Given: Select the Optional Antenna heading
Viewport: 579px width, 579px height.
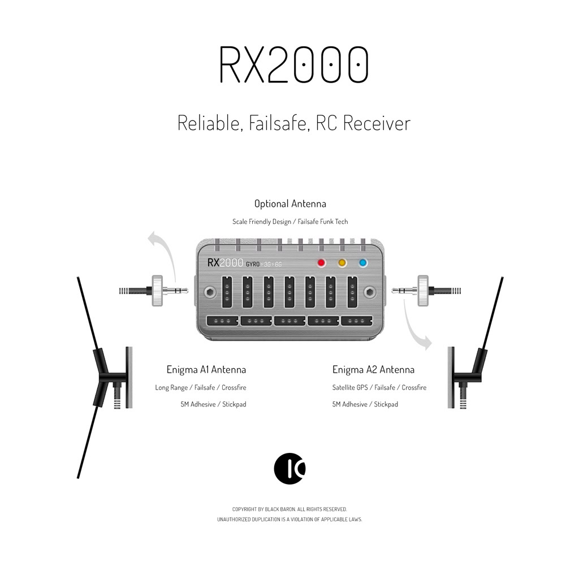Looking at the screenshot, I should click(290, 204).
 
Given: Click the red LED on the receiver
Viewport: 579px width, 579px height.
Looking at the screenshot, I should click(322, 262).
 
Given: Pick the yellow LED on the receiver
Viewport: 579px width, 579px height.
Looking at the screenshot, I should click(342, 262).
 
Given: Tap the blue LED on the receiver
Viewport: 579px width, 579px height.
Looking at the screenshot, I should click(363, 262).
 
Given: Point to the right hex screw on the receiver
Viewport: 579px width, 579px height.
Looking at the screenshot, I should click(370, 292).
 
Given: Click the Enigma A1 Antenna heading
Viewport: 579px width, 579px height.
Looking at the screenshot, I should click(206, 370).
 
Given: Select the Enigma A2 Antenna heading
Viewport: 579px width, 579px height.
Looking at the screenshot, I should click(373, 370).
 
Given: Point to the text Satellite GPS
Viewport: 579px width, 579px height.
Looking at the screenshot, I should click(351, 388).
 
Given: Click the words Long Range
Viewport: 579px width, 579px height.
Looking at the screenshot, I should click(171, 388).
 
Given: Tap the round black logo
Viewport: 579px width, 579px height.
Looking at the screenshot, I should click(289, 468).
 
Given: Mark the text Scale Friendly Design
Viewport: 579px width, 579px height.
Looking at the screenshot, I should click(261, 222).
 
